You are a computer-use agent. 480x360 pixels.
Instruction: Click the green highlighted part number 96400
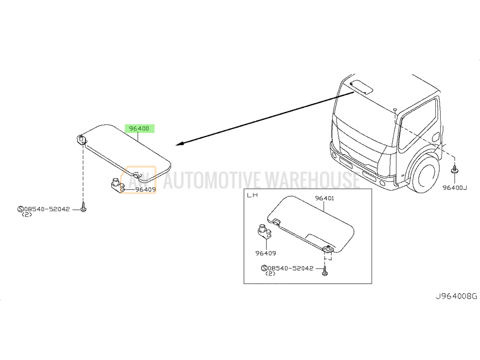(x=139, y=129)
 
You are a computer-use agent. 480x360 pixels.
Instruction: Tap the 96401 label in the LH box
(x=324, y=198)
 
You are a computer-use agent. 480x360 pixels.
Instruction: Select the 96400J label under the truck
(x=455, y=188)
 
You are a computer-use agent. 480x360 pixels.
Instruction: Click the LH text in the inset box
(x=252, y=195)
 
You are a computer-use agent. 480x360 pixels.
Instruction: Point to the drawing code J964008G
(x=456, y=296)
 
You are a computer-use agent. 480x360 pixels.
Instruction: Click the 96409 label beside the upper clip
(x=146, y=190)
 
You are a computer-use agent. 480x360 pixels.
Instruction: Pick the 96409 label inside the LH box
(x=266, y=253)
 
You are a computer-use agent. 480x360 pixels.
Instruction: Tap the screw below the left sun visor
(x=83, y=207)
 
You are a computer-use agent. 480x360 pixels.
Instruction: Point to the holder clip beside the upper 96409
(x=117, y=185)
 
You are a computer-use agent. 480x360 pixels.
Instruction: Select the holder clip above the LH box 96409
(x=264, y=231)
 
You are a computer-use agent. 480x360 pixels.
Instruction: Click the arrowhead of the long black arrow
(x=179, y=144)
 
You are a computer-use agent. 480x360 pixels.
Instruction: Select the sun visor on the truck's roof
(x=361, y=87)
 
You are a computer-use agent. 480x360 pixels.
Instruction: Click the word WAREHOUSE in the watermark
(x=310, y=180)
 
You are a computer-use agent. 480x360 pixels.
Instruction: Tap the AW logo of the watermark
(x=138, y=180)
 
